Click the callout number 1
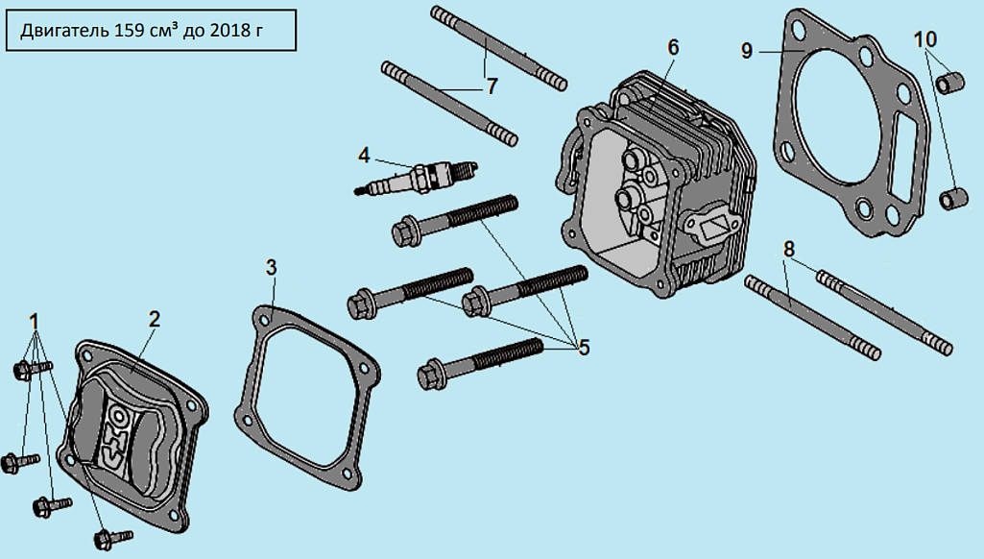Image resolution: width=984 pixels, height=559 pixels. (x=35, y=322)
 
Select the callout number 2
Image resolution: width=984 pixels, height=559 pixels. (x=155, y=319)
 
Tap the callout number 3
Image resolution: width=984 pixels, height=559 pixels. (x=271, y=268)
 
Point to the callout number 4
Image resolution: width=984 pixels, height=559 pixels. (x=365, y=155)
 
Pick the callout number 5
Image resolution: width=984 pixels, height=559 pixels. (x=585, y=348)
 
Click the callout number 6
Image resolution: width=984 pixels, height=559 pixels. (x=673, y=48)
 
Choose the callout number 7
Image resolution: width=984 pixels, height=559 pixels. (x=492, y=86)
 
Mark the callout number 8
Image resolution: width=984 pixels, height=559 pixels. (x=789, y=249)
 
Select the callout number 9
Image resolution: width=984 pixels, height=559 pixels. (x=746, y=50)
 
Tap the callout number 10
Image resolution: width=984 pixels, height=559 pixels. (x=925, y=39)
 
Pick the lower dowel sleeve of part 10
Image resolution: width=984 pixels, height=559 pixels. (x=952, y=198)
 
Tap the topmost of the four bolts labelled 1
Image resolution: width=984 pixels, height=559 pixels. (x=33, y=369)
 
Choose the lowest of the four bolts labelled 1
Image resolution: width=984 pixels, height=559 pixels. (x=113, y=538)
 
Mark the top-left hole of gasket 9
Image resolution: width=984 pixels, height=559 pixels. (x=797, y=30)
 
